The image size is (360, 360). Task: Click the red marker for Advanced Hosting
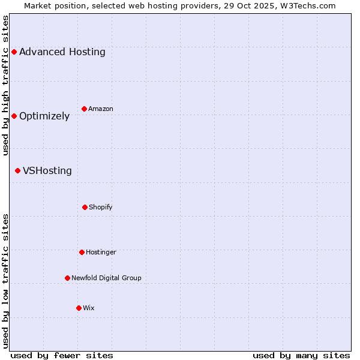point(14,52)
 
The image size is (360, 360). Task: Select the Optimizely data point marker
point(14,116)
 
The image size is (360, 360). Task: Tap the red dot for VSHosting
point(17,171)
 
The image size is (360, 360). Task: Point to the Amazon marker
point(84,109)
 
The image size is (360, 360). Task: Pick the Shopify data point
point(85,207)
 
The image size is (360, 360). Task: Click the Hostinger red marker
point(82,252)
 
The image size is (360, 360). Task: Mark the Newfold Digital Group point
point(67,278)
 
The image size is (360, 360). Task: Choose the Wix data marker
point(79,308)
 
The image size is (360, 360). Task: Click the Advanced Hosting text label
point(62,52)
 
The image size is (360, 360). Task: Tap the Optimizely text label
point(44,116)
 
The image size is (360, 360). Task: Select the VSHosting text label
point(47,171)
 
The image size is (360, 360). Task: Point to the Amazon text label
point(101,109)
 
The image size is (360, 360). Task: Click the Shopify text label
point(101,207)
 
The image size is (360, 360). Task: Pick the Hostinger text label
point(101,252)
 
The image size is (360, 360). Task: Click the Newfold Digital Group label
point(106,278)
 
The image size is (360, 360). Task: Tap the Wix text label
point(89,308)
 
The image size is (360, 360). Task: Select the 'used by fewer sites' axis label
point(62,355)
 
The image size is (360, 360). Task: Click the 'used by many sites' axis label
point(301,355)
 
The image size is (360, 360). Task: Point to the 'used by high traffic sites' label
point(5,85)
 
